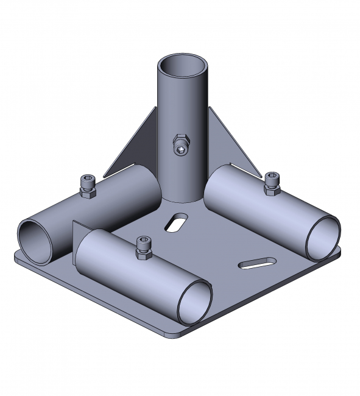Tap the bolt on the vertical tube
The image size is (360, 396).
click(x=181, y=144)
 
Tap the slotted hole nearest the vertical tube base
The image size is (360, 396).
click(x=175, y=222)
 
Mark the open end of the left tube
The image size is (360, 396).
click(x=35, y=241)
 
